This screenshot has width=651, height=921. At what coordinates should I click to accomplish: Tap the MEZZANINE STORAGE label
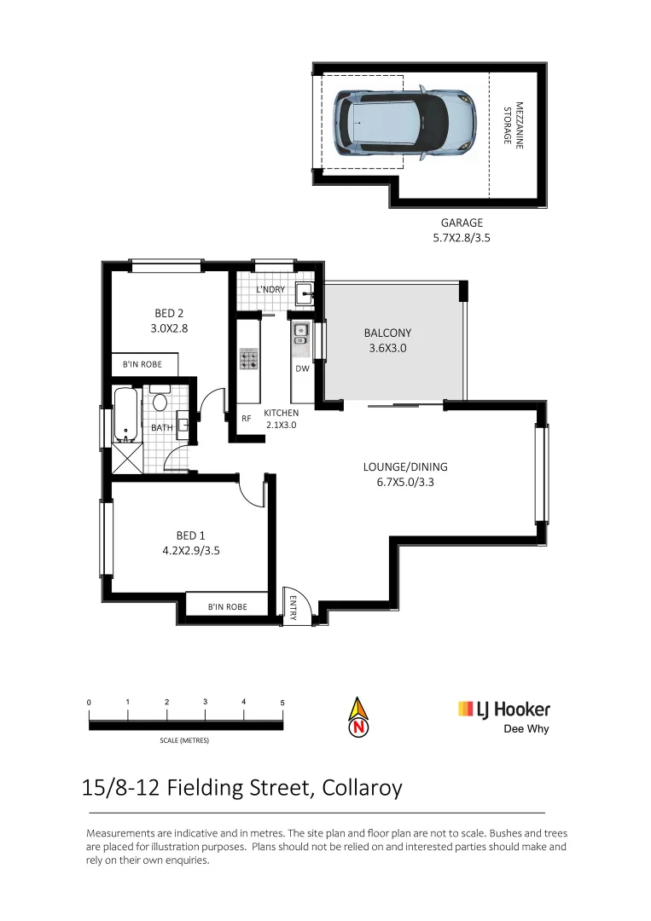click(x=512, y=125)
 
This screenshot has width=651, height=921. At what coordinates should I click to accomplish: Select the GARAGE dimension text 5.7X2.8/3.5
click(x=462, y=239)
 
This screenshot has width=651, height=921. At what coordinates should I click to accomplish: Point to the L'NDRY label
click(x=270, y=290)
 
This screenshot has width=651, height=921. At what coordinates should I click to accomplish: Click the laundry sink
click(x=305, y=295)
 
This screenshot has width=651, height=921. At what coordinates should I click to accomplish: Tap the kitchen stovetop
click(x=249, y=359)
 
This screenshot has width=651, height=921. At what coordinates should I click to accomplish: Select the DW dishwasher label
click(x=302, y=369)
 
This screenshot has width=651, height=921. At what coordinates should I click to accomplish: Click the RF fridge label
click(x=246, y=419)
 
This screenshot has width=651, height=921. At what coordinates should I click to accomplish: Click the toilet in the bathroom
click(x=160, y=401)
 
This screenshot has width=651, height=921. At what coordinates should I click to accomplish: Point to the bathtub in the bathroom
click(x=125, y=416)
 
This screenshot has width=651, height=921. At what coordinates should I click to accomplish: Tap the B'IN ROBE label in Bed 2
click(x=142, y=365)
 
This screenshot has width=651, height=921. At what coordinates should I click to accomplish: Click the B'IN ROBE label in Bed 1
click(x=228, y=606)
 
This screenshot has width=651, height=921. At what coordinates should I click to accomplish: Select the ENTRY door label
click(x=293, y=606)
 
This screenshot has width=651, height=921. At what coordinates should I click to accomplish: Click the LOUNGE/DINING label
click(x=405, y=467)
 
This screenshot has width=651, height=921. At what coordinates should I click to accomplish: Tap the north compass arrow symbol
click(x=359, y=716)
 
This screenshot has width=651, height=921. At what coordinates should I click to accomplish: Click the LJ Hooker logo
click(x=504, y=710)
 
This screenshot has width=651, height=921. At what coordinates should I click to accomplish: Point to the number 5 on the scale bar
click(x=282, y=702)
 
